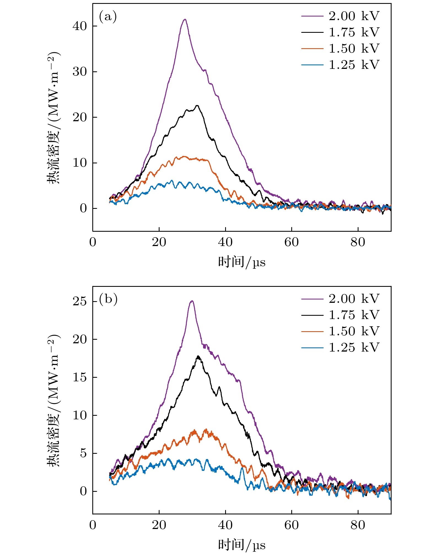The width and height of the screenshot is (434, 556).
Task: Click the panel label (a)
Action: (108, 17)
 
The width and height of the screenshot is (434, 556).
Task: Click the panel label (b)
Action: (108, 299)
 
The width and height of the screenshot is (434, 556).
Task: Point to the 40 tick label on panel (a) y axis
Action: (80, 26)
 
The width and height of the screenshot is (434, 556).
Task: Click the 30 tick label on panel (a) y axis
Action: (80, 72)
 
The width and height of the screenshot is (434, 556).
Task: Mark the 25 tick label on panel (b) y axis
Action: (80, 301)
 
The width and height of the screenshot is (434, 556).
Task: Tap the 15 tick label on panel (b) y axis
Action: (80, 377)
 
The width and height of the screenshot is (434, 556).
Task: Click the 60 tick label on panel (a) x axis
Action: (292, 242)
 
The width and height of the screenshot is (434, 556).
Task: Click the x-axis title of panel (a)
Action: (242, 262)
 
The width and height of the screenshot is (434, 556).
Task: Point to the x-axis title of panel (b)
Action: (242, 545)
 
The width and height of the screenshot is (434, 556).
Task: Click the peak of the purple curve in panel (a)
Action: (185, 19)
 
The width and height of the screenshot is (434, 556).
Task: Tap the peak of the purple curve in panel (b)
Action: (192, 301)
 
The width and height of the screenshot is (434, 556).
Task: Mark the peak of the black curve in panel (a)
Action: (197, 106)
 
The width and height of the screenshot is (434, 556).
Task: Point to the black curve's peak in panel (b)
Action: (198, 356)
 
